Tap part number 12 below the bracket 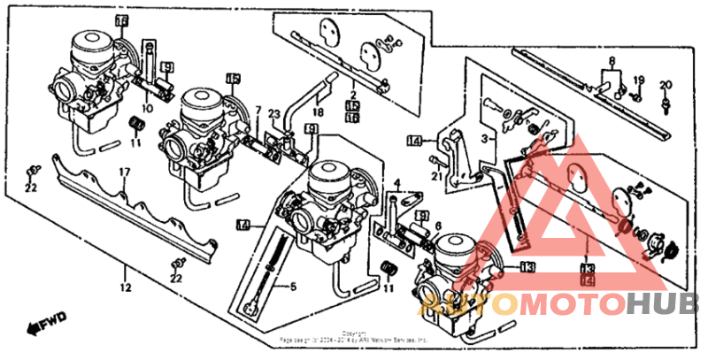(x=125, y=287)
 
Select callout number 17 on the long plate (x=125, y=172)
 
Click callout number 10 (x=146, y=109)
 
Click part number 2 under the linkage (x=351, y=94)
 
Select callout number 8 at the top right (x=610, y=61)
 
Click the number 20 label (x=666, y=84)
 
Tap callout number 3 (x=485, y=139)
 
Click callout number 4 (x=397, y=184)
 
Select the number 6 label (x=436, y=227)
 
